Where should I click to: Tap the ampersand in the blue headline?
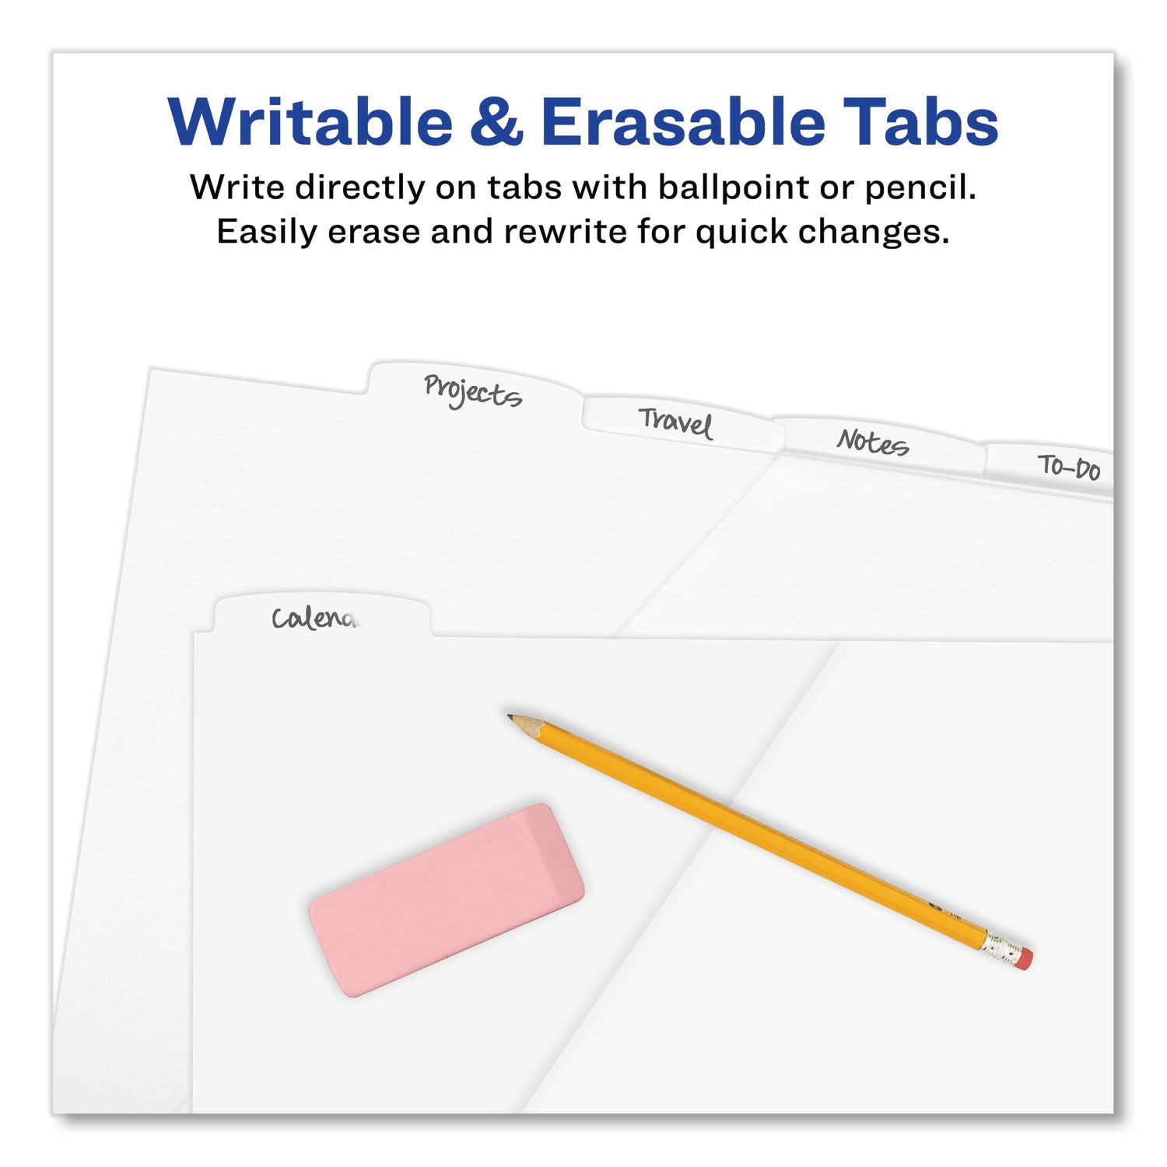coord(496,123)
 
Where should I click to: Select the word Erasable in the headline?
coord(683,123)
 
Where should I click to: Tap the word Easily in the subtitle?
coord(267,232)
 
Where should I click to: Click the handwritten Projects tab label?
coord(472,391)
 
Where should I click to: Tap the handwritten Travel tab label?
coord(675,423)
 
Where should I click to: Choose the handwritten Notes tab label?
coord(872,443)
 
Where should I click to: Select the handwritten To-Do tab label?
coord(1070,468)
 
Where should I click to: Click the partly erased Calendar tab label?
coord(315,619)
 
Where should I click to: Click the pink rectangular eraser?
coord(446,899)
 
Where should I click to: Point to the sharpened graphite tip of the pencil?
coord(513,718)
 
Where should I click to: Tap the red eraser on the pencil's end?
coord(1025,958)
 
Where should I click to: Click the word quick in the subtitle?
coord(741,232)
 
